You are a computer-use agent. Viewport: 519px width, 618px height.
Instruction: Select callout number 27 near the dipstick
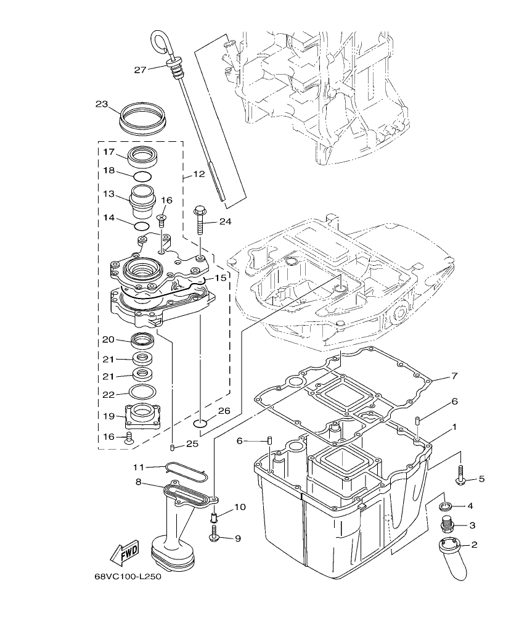(140, 70)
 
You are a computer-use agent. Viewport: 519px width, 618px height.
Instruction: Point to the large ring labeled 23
(142, 117)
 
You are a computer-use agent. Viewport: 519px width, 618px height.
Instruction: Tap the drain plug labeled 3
(447, 525)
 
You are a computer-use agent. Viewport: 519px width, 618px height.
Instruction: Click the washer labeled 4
(445, 507)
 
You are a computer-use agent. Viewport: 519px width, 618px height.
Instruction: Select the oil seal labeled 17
(144, 155)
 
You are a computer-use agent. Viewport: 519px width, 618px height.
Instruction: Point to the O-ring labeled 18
(142, 176)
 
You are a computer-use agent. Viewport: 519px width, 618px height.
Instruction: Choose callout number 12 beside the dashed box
(198, 175)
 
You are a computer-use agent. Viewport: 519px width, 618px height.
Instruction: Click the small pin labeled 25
(173, 447)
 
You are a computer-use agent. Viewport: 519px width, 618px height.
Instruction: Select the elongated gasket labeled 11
(186, 471)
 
